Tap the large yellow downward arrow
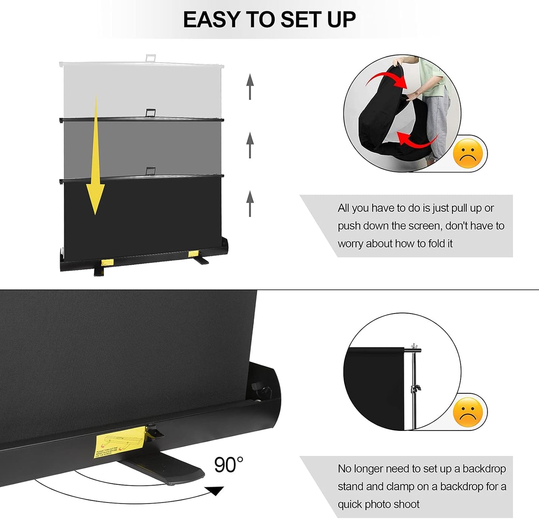[95, 160]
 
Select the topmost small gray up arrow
[250, 86]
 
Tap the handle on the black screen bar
[151, 171]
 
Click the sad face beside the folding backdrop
[468, 153]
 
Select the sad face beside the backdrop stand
[468, 412]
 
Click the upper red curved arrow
[388, 79]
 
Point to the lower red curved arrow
[416, 142]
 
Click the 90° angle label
[228, 465]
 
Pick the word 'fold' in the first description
[436, 244]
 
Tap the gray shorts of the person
[438, 123]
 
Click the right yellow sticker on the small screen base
[193, 254]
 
